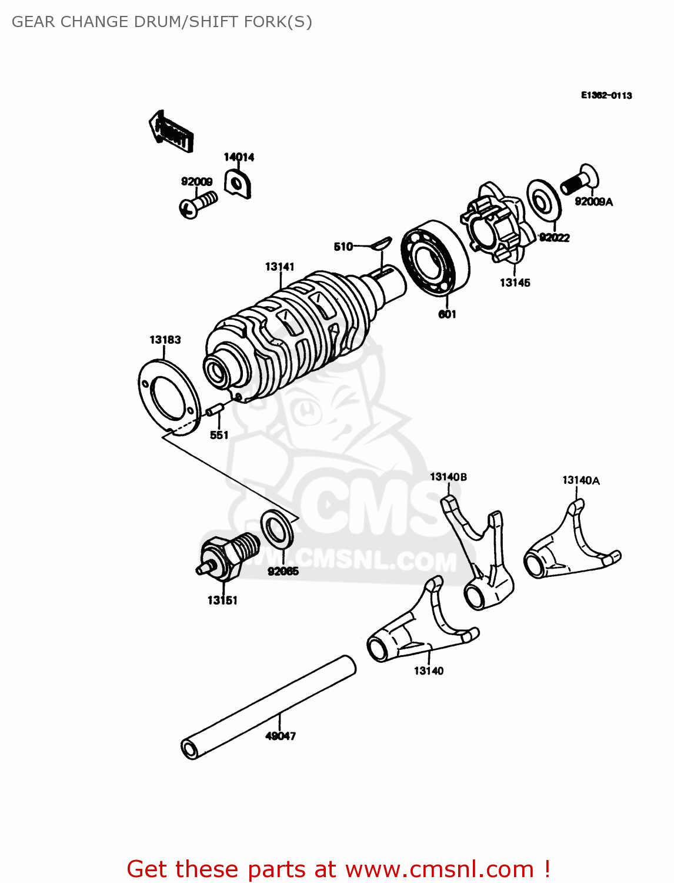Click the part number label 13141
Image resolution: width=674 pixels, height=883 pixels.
pos(279,267)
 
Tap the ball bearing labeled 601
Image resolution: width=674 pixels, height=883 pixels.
pos(435,257)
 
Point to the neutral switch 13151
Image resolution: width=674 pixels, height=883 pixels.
pos(227,557)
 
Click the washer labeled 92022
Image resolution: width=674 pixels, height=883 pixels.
pos(542,198)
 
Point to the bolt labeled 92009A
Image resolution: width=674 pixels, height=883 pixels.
pos(579,180)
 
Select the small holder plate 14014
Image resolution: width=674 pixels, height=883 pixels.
pos(238,184)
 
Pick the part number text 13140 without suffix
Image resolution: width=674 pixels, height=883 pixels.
pos(428,670)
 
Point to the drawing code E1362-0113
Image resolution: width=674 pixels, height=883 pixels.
pos(606,95)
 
